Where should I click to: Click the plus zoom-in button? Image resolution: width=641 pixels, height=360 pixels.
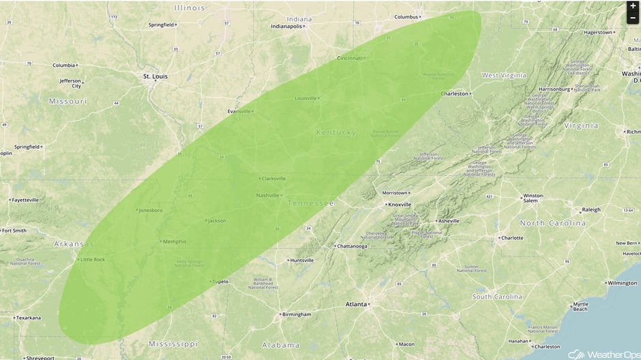coord(633,6)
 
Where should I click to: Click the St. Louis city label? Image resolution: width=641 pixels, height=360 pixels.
coord(155,76)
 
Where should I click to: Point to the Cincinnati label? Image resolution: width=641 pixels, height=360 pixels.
coord(350,58)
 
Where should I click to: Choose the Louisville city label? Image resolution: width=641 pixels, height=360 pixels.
coord(306,98)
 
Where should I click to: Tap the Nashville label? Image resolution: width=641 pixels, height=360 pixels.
coord(267,196)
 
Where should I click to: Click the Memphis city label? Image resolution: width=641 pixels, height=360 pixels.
coord(173,241)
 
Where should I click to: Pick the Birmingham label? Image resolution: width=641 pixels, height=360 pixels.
coord(297,314)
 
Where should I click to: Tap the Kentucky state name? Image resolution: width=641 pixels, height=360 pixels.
coord(336,132)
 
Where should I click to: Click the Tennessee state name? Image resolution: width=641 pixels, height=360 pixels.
coord(311,203)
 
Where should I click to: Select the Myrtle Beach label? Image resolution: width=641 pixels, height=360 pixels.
coord(580,306)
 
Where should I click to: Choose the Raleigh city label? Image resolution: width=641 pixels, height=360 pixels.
coord(591,210)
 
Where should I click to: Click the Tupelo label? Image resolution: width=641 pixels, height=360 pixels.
coord(220,281)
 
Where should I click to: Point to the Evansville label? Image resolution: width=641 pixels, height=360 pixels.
coord(239,111)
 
